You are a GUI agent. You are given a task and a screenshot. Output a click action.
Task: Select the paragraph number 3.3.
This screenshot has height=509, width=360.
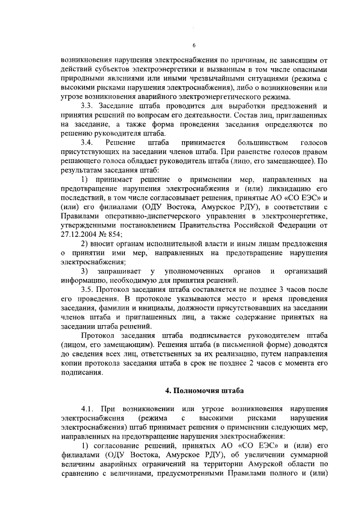click(88, 106)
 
